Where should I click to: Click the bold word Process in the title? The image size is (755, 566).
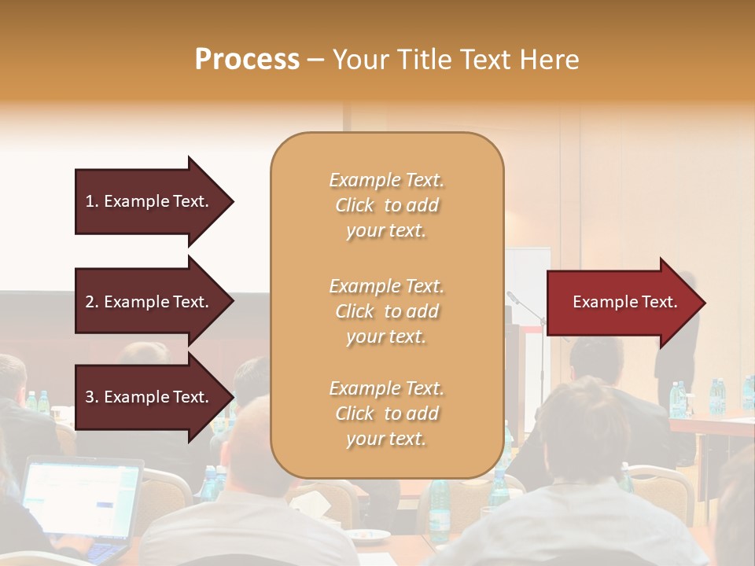point(247,60)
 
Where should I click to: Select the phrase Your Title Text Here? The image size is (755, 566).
point(455,60)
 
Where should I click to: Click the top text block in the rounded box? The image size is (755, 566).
point(386,205)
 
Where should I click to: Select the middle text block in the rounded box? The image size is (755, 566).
point(386,311)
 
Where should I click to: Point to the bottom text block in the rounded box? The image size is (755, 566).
point(386,413)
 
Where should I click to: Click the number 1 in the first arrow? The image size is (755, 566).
point(89,201)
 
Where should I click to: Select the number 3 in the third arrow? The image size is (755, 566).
point(89,397)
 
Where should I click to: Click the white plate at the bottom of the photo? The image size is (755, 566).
point(368,536)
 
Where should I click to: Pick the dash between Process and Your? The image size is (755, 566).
point(315,60)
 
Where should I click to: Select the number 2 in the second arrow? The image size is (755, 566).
point(89,302)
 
